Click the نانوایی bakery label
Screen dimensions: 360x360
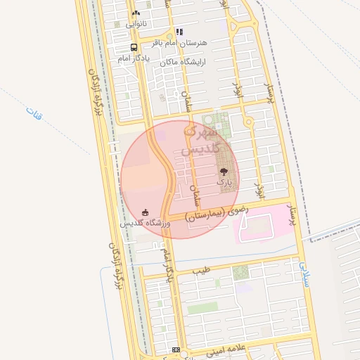click(x=136, y=24)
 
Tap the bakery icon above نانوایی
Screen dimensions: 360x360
click(x=136, y=13)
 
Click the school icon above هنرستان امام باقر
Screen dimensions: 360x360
click(x=179, y=32)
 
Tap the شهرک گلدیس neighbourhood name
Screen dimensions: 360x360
click(x=202, y=140)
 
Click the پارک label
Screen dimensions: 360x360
click(x=224, y=182)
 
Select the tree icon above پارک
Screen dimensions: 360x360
click(x=224, y=171)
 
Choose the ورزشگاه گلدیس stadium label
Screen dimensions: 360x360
click(x=145, y=223)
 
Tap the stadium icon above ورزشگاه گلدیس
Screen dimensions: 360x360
click(x=146, y=212)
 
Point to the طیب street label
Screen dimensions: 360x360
click(x=202, y=270)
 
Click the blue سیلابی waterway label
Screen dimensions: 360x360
click(x=304, y=268)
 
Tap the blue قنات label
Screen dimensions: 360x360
click(x=33, y=112)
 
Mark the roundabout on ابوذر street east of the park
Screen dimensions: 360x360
click(x=248, y=122)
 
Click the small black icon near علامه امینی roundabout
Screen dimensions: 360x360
click(x=176, y=349)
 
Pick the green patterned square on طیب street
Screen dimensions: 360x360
click(x=240, y=272)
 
